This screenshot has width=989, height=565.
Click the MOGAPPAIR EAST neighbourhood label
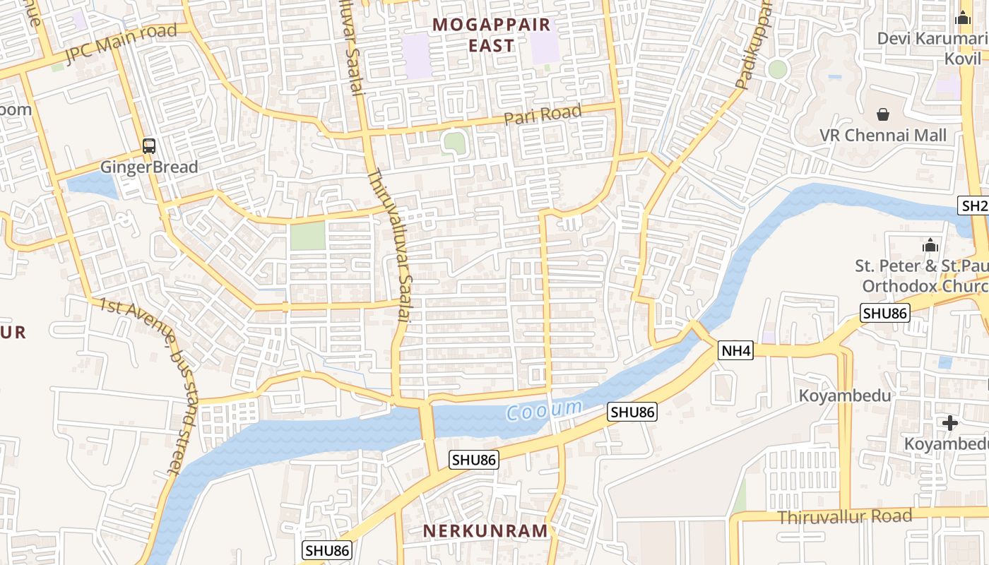pos(492,35)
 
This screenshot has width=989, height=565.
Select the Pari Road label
pos(543,115)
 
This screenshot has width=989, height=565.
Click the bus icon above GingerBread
pos(149,146)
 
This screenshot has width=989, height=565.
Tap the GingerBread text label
pos(149,167)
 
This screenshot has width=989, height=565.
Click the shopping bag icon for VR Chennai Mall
pos(883,114)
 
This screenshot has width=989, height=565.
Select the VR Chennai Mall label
pos(883,136)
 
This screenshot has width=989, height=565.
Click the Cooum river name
pos(545,409)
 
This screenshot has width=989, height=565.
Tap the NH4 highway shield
pos(736,350)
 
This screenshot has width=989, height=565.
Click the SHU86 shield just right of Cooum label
pos(633,412)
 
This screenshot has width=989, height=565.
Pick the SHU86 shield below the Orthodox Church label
pos(884,313)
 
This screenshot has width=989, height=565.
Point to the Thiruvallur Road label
pos(845,517)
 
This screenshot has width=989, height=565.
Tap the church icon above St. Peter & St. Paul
pos(930,245)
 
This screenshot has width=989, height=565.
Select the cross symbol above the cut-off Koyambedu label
pos(950,423)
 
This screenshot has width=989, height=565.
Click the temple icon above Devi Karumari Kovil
pos(964,18)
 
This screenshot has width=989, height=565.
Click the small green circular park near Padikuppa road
pos(778,69)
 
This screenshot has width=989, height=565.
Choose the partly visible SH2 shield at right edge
pos(974,206)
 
